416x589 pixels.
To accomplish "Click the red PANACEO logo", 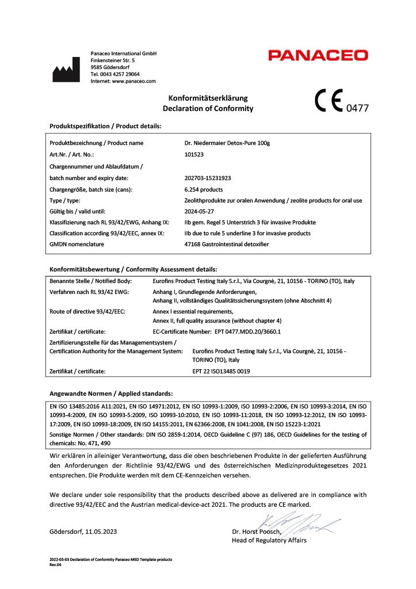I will (318, 56).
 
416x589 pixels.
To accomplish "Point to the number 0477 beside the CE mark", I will (356, 108).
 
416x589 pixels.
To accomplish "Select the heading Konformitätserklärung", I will (208, 98).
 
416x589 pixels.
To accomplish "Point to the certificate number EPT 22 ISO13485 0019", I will (221, 372).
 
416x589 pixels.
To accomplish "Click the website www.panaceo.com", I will (133, 81).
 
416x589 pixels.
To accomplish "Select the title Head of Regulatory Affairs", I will (269, 540).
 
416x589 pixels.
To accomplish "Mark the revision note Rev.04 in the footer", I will (55, 564).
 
